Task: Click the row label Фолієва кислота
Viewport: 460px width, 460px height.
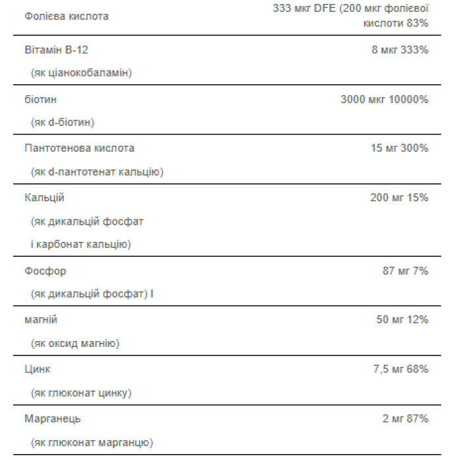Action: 66,16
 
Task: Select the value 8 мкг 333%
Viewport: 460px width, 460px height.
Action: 400,50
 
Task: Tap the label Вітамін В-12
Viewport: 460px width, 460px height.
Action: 56,50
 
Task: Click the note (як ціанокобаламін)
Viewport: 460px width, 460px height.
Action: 81,73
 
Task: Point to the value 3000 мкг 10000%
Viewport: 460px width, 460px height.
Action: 384,99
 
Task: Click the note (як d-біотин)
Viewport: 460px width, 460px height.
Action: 62,122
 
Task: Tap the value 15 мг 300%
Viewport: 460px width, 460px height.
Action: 399,149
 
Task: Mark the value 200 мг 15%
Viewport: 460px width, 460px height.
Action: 399,198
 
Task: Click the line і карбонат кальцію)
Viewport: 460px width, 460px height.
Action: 80,244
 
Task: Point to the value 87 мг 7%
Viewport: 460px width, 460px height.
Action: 405,271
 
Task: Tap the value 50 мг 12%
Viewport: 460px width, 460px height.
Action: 402,319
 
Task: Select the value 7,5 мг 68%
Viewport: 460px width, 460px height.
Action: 400,369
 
